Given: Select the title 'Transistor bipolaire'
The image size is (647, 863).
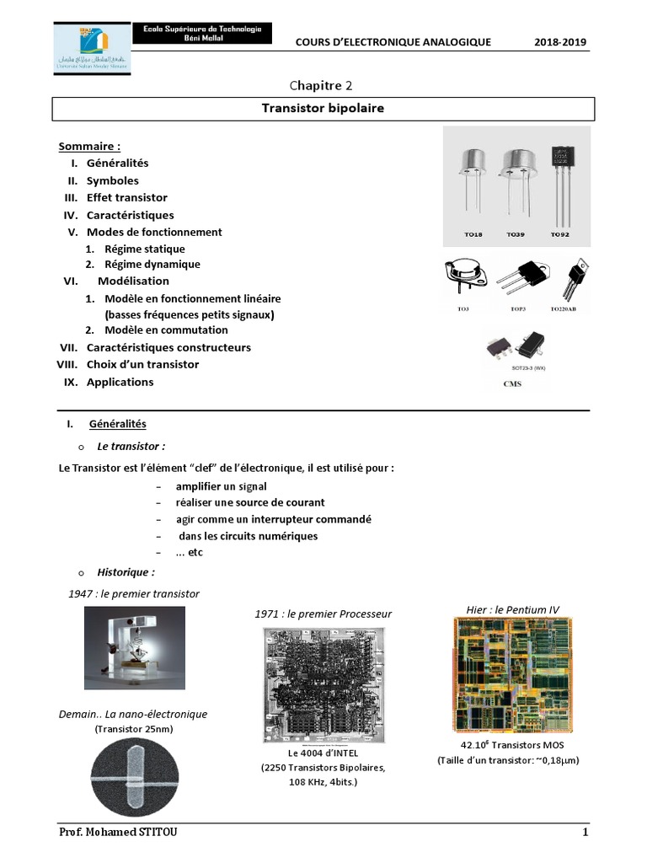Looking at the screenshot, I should [x=323, y=109].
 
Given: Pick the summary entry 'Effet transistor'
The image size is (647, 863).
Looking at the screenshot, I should [x=126, y=197].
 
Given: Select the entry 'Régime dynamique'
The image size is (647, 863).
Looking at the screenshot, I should [x=152, y=264].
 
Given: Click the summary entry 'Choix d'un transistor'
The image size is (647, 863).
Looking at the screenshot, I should [x=142, y=364].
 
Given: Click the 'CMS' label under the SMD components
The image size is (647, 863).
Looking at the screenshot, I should [x=511, y=383].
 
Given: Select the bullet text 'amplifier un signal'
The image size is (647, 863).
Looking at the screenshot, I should [x=221, y=486].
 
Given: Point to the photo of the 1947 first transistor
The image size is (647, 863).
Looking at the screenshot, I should [x=134, y=648].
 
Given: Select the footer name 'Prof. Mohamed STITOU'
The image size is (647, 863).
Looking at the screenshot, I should [x=118, y=833].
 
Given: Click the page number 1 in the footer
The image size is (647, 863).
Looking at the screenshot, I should [x=584, y=833].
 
